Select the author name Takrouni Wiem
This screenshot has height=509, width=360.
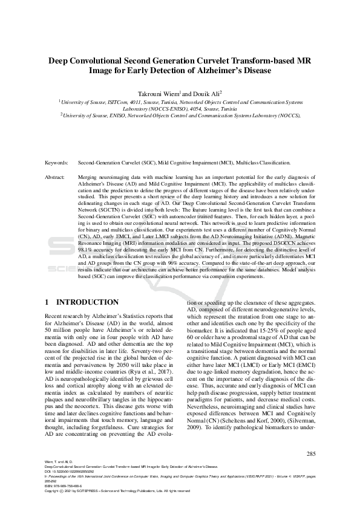(x=160, y=94)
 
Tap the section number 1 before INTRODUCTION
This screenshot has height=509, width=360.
(x=48, y=302)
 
